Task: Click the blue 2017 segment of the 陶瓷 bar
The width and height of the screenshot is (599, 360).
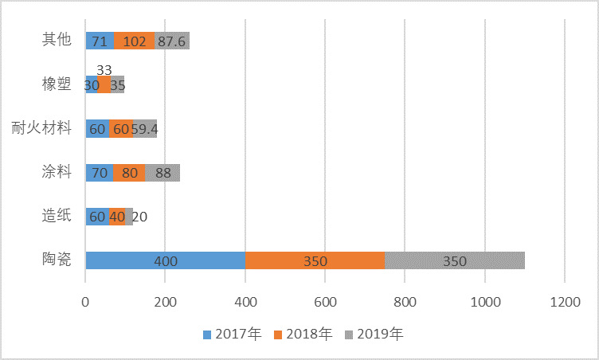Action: coord(166,260)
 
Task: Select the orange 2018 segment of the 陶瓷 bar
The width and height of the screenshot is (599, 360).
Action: coord(315,260)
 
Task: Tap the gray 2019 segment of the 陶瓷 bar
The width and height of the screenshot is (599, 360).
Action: coord(454,260)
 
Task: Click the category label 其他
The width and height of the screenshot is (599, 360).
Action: coord(56,41)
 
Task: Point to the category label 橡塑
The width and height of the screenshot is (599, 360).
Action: coord(56,84)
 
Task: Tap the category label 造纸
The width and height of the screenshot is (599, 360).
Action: coord(56,214)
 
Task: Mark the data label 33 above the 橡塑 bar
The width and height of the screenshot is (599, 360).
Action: coord(104,70)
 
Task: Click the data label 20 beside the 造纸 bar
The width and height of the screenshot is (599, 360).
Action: coord(139,216)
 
